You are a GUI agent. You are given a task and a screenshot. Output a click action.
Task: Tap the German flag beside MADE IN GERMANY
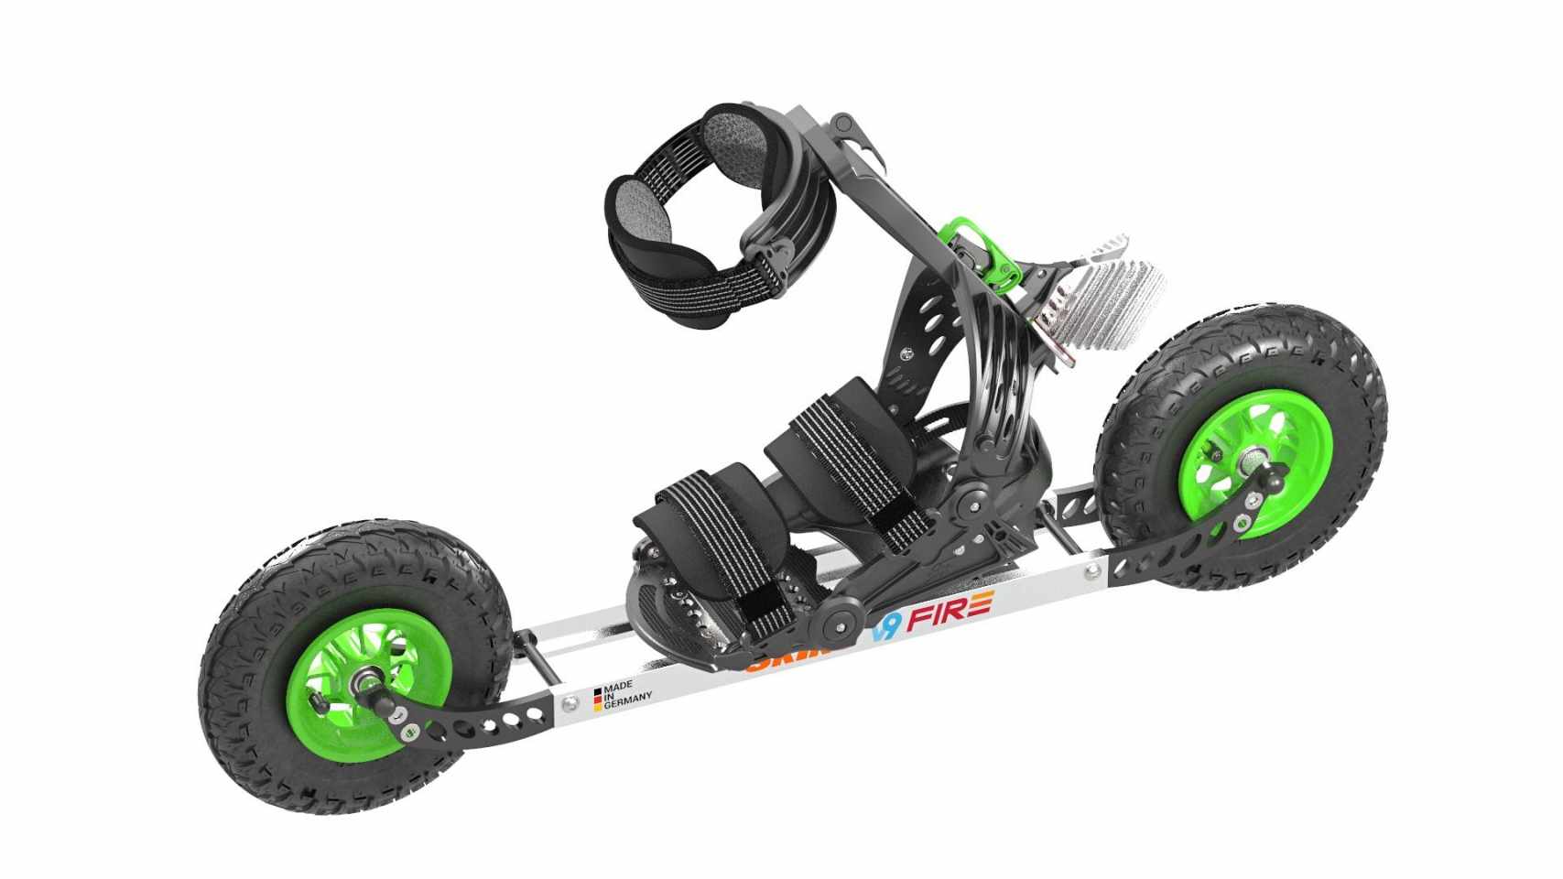pyautogui.click(x=597, y=699)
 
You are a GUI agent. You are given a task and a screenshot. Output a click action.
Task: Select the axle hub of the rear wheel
pyautogui.click(x=1253, y=455)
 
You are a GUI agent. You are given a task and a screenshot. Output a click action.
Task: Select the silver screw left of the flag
pyautogui.click(x=570, y=703)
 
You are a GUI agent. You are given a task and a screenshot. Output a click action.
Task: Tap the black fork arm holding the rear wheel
pyautogui.click(x=1163, y=559)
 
